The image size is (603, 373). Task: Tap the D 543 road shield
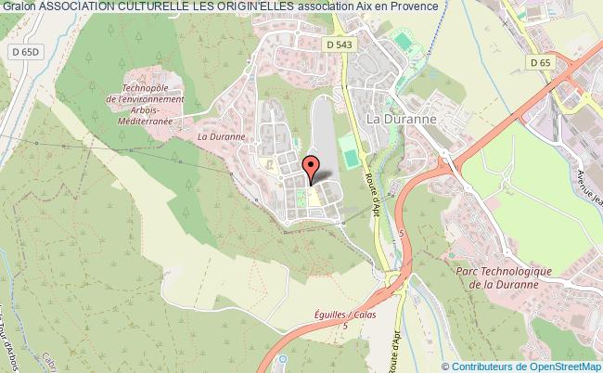[339, 43]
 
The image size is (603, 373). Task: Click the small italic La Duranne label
[221, 135]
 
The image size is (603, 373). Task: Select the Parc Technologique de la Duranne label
[505, 277]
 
